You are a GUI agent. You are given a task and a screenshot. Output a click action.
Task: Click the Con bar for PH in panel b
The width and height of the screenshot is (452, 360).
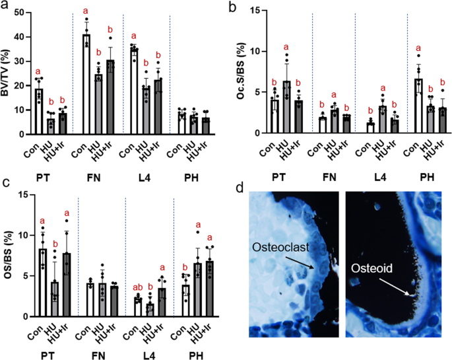[418, 106]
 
